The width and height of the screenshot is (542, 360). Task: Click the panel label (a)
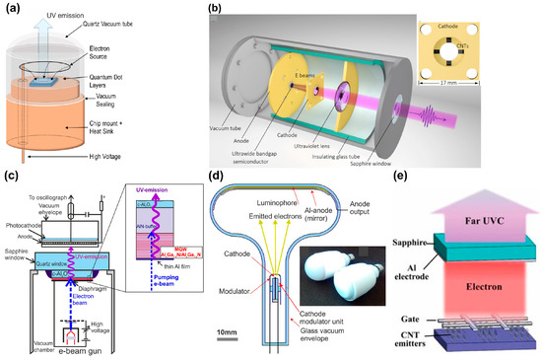(9, 8)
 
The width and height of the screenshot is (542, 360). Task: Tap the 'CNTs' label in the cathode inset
(507, 58)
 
